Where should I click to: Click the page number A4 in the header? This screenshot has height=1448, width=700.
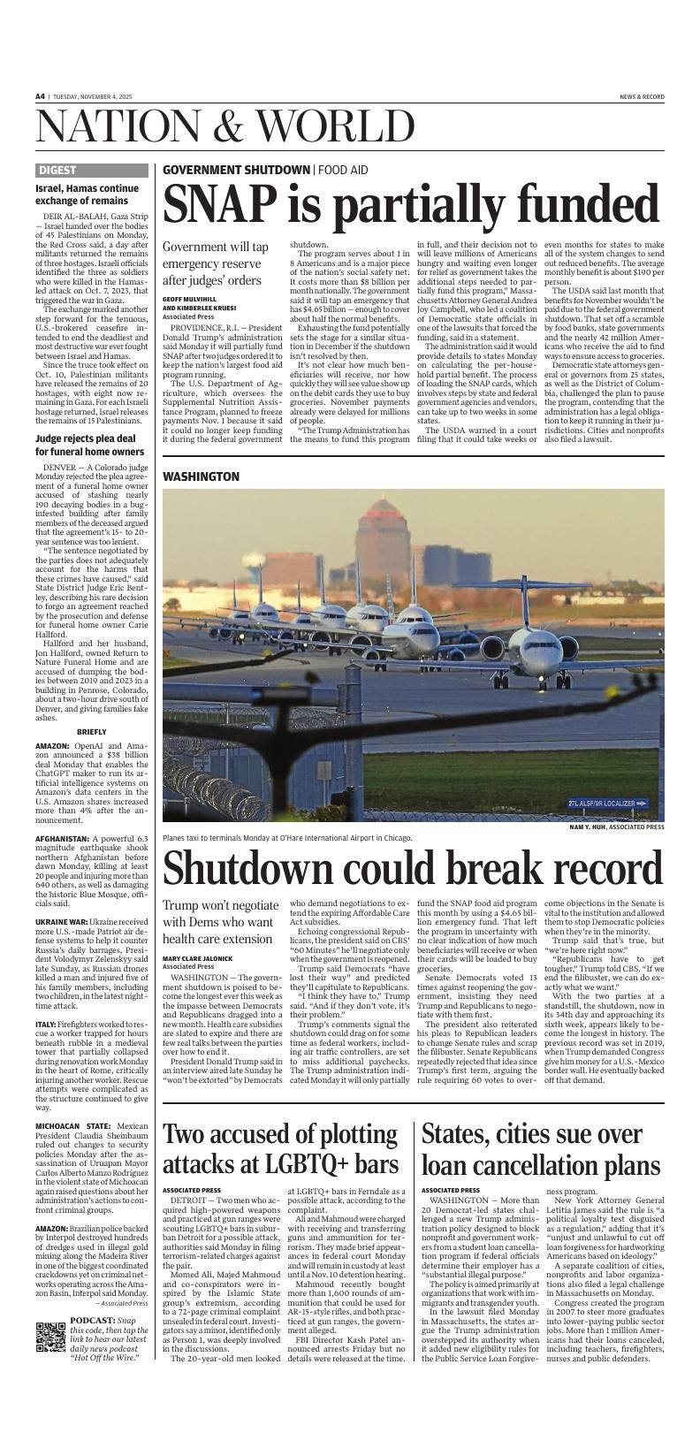(x=41, y=96)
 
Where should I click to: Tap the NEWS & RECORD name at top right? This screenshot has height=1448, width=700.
(x=642, y=96)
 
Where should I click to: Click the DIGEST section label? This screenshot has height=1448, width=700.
(x=57, y=171)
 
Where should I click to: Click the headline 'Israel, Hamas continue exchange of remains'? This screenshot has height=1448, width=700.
(x=87, y=194)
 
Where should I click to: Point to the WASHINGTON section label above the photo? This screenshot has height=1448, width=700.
(x=201, y=476)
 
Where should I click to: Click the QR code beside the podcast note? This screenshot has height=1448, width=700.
(x=51, y=1337)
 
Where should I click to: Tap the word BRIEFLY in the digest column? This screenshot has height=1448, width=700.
(x=92, y=732)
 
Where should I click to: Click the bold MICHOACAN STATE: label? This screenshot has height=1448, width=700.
(x=73, y=1126)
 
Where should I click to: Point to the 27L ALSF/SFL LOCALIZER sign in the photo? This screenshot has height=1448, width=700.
(x=607, y=803)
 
